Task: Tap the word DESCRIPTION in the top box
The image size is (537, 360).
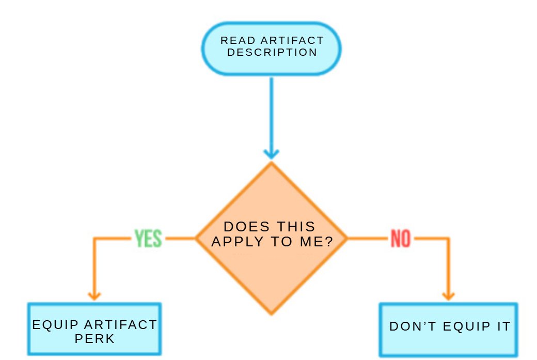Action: click(272, 52)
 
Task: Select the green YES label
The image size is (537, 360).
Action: click(148, 239)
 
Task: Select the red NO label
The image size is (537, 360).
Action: click(401, 239)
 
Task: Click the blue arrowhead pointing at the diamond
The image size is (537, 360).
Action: click(271, 153)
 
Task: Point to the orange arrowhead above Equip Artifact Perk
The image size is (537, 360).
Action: click(93, 295)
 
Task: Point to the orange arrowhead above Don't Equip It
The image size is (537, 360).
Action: click(448, 295)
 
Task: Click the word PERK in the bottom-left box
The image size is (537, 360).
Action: click(94, 339)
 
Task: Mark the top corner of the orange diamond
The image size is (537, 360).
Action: click(271, 164)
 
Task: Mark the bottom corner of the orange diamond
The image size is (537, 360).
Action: click(271, 313)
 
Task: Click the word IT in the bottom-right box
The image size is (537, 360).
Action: click(502, 326)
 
